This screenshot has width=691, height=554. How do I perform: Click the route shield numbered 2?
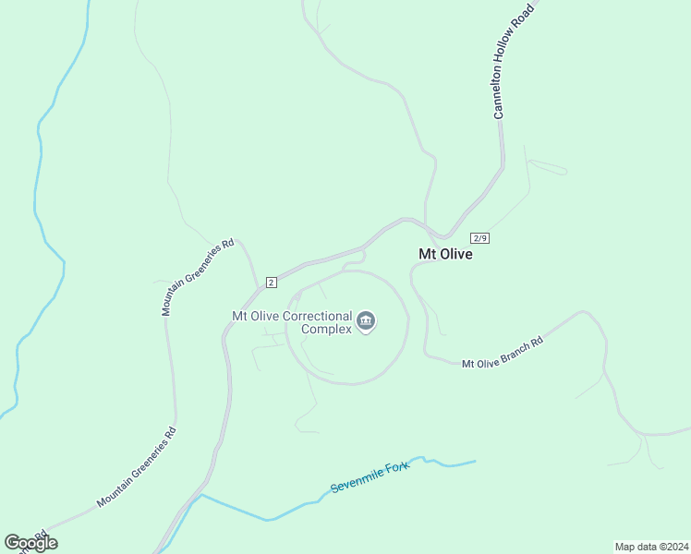coord(271,282)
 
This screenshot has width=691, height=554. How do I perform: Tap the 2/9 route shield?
coord(479,237)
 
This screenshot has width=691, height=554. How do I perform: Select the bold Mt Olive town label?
coord(445,254)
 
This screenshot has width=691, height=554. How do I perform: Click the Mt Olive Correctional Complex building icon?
coord(366,321)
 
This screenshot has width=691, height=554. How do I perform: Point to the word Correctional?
coord(317,316)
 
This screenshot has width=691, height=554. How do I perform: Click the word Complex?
coord(327,329)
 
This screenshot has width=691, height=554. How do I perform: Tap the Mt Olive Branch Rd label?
coord(503,352)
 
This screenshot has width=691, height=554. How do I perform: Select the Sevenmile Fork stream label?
coord(370,474)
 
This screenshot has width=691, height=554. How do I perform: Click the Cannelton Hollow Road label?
coord(513,61)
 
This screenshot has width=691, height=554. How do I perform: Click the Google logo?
coord(30,543)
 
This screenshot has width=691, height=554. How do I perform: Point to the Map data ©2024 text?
coord(650,546)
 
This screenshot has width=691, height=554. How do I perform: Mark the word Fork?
coord(396,465)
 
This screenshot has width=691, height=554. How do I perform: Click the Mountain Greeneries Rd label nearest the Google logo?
coord(137,468)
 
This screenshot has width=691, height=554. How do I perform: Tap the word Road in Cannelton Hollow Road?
coord(527,18)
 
